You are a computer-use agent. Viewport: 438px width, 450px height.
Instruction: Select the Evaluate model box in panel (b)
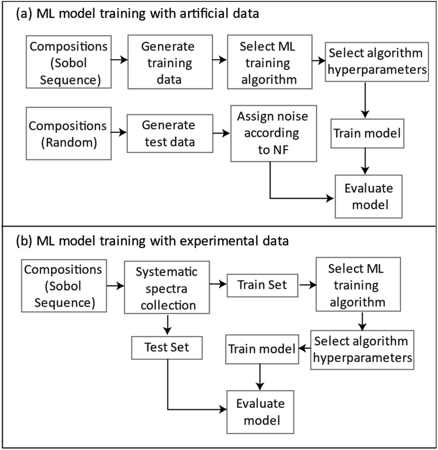(x=261, y=411)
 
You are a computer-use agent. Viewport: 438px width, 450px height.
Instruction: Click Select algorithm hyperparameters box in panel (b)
(x=361, y=350)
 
